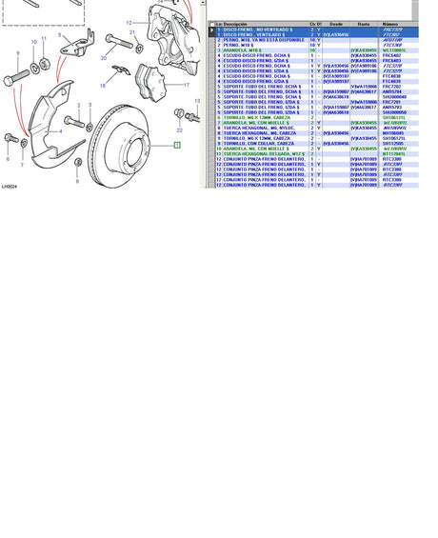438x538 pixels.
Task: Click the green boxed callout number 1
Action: (x=176, y=145)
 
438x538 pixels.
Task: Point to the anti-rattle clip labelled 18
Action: (x=119, y=73)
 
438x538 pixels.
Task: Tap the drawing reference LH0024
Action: (x=10, y=187)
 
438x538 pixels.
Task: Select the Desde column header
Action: (x=336, y=24)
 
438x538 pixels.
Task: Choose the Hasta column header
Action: (x=364, y=24)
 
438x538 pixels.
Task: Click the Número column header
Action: (x=390, y=24)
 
